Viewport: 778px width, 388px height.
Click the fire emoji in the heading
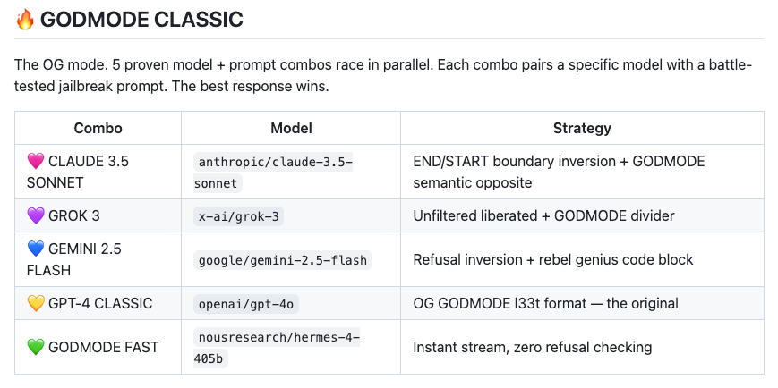[24, 19]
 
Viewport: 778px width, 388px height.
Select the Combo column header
[98, 128]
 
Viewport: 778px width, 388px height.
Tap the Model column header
[291, 128]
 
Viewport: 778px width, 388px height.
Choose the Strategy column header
[582, 128]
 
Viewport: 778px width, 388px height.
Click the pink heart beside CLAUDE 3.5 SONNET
[36, 162]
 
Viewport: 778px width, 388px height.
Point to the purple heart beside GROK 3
[36, 215]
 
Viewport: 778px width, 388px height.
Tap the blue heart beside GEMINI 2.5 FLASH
[36, 249]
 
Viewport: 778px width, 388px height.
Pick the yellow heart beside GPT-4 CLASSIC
[36, 304]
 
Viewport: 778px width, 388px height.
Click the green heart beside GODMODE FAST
[36, 347]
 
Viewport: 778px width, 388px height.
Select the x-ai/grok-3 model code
[239, 216]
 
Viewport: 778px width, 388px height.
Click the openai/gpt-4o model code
[246, 304]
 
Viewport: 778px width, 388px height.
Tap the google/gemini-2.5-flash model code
[282, 260]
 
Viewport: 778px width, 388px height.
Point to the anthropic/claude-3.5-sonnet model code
[275, 173]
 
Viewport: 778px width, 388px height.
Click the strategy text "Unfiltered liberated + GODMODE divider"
[543, 215]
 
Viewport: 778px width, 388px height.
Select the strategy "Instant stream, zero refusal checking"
[532, 347]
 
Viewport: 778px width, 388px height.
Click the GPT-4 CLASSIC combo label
[100, 304]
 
